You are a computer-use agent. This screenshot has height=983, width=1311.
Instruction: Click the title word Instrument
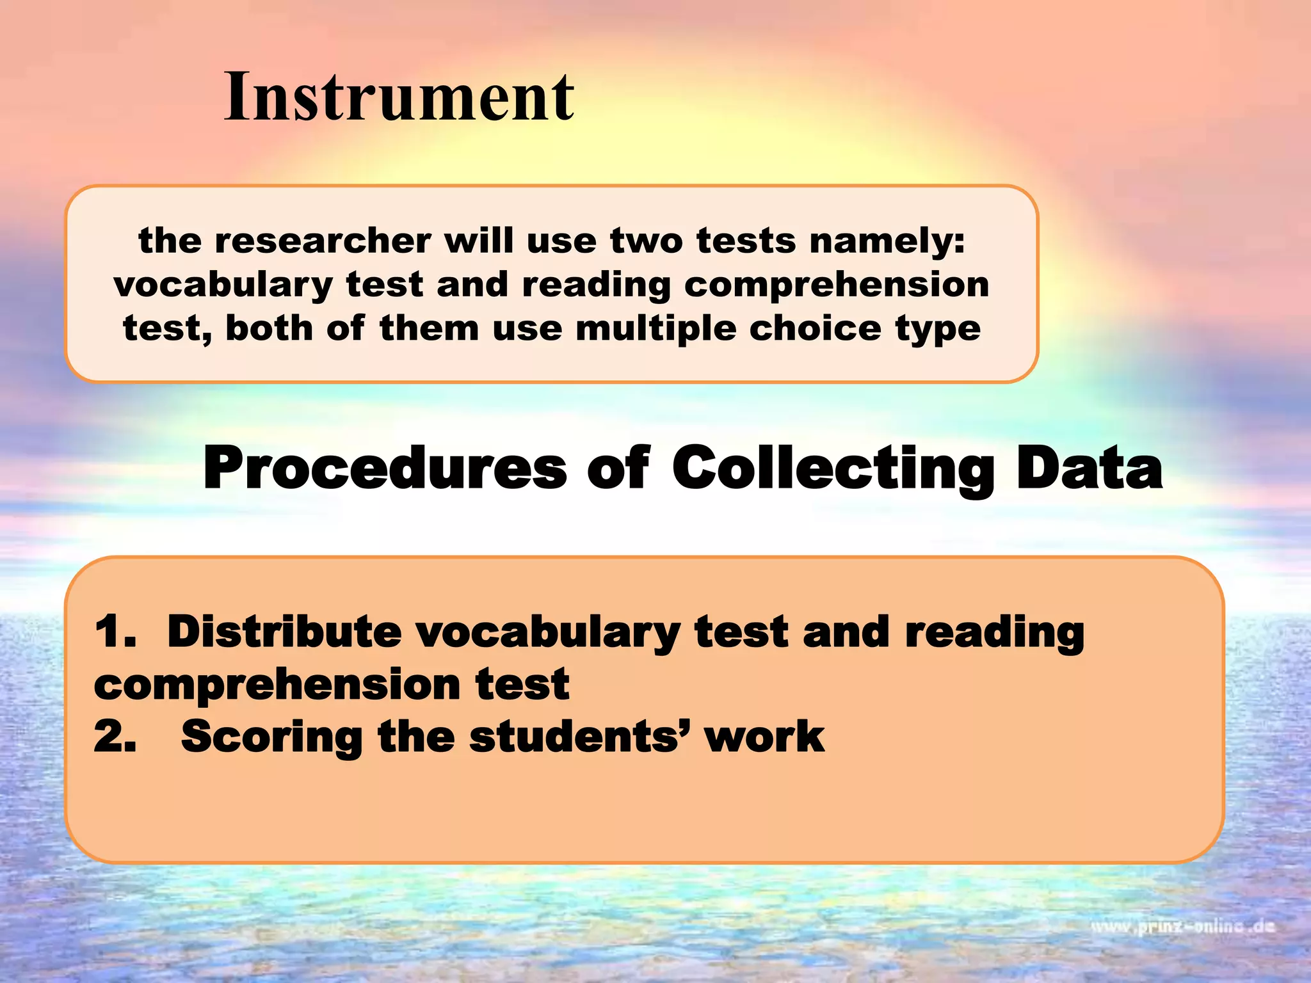click(399, 97)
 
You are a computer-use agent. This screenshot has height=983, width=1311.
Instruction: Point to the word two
click(645, 241)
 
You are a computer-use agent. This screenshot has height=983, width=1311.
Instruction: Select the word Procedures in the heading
click(384, 468)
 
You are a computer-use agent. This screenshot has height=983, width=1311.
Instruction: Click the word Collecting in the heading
click(833, 470)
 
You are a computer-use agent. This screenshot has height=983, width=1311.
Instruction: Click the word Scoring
click(272, 737)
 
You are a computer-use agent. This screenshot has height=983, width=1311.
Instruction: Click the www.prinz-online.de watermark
click(1183, 926)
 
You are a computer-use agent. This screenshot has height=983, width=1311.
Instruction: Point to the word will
click(479, 241)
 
